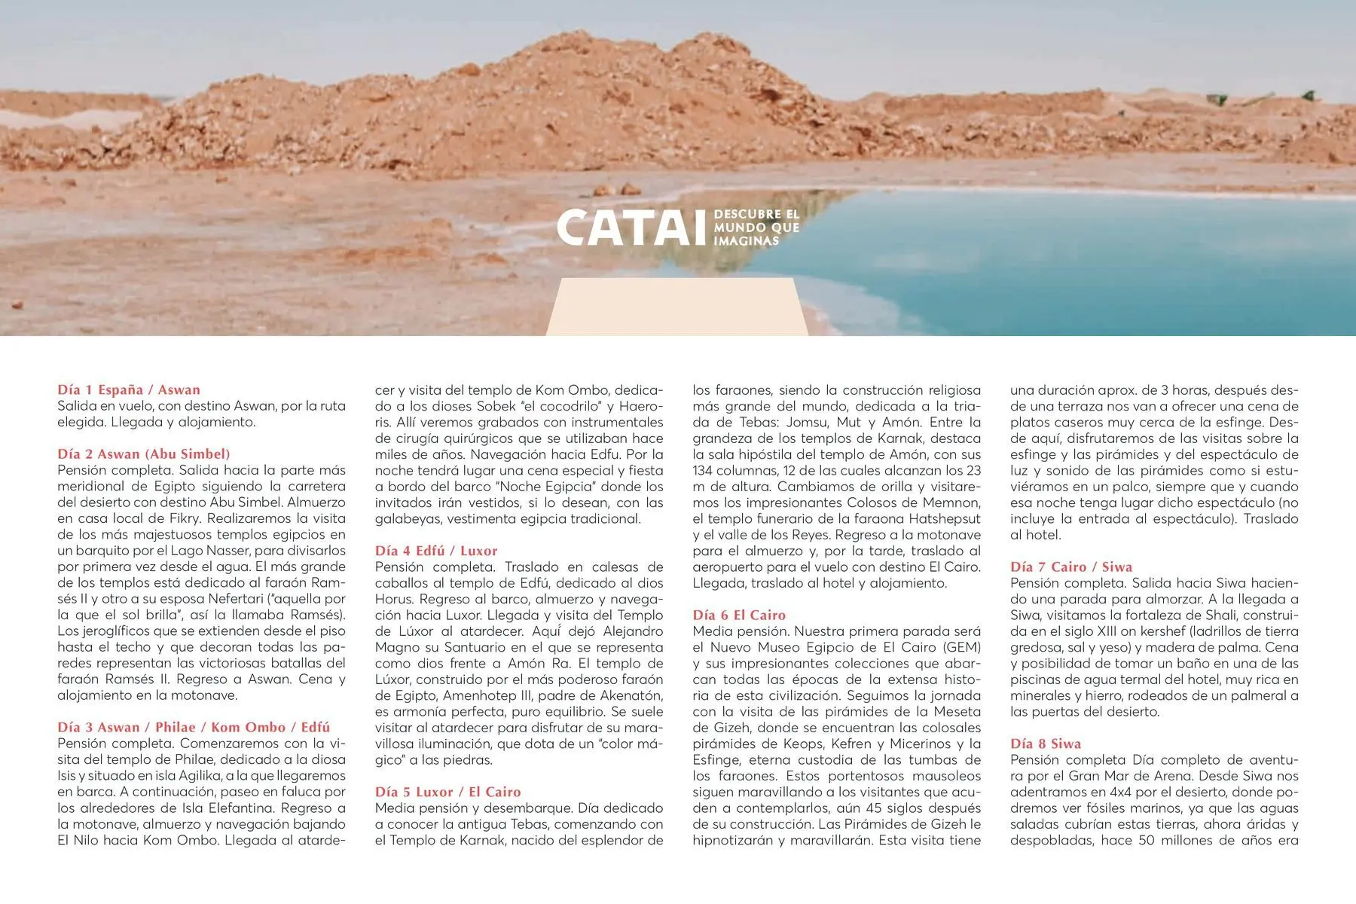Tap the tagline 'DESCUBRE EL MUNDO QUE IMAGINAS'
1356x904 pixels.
coord(756,228)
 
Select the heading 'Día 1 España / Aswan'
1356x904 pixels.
coord(129,389)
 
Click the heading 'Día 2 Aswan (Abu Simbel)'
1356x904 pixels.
coord(144,454)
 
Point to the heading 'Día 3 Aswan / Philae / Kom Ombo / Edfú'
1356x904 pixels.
coord(194,727)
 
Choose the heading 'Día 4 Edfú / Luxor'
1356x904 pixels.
coord(436,551)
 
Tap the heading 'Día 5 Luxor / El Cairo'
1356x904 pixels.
coord(448,792)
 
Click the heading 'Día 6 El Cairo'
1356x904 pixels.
coord(739,615)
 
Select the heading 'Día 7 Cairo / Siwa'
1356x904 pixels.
coord(1071,567)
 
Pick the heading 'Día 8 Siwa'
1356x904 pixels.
coord(1046,744)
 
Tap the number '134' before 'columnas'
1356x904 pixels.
coord(704,470)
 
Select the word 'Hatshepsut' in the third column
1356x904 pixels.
coord(945,518)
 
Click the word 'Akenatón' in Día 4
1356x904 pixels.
coord(632,695)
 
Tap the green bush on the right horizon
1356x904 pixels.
coord(1217,99)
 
